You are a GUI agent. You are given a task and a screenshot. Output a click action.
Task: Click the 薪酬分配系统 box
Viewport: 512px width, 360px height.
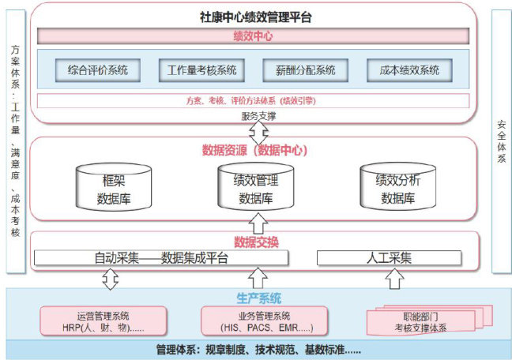coord(305,70)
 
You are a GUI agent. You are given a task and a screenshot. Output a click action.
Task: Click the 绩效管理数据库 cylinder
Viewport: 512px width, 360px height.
coord(256,188)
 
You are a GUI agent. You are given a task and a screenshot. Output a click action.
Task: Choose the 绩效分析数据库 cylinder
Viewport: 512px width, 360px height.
coord(397,188)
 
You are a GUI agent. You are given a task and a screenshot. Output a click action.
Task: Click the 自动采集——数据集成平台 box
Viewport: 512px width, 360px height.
coord(161,257)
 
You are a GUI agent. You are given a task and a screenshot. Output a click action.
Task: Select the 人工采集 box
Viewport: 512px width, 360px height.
coord(390,257)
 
